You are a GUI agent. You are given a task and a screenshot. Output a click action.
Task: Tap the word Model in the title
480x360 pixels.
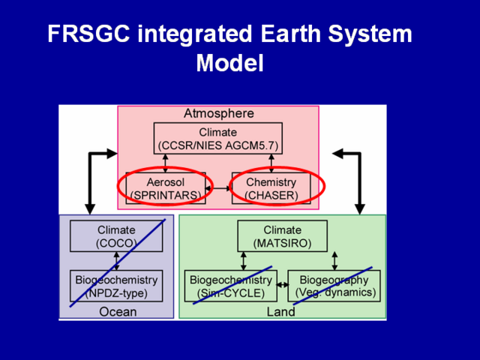[229, 63]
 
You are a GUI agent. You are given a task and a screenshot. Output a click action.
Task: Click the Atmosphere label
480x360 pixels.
[218, 114]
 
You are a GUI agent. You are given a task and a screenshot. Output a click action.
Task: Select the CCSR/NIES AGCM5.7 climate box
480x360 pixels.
[218, 138]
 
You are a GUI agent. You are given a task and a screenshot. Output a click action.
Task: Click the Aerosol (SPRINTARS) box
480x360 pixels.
[166, 188]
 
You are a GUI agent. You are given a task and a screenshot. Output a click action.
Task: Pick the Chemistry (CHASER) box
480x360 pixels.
[271, 188]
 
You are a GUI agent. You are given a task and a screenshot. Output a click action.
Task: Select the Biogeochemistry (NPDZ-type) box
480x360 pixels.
[116, 286]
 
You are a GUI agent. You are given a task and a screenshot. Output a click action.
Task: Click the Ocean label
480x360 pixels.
[118, 311]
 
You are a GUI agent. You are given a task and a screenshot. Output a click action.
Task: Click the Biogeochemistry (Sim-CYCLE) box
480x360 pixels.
[231, 286]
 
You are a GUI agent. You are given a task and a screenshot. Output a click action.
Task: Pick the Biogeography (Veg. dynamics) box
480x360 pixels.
[334, 286]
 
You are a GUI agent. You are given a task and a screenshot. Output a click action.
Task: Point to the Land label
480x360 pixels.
[281, 311]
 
